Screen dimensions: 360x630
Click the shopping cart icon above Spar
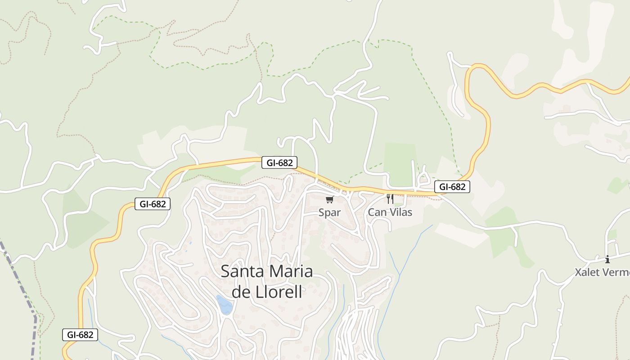(x=329, y=199)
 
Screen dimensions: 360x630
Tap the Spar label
(x=329, y=212)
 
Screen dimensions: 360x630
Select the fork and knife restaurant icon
(x=390, y=198)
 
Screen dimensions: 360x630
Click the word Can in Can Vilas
(x=377, y=212)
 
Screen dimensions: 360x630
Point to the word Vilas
(x=400, y=212)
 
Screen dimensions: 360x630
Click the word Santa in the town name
(x=243, y=271)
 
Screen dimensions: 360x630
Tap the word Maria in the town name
(x=291, y=271)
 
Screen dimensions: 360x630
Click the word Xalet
(x=588, y=272)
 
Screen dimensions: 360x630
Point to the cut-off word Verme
(x=616, y=272)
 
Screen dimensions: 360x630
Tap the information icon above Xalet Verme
(x=607, y=259)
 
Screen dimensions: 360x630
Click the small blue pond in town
(x=225, y=305)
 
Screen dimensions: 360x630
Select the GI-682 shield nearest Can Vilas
(x=452, y=187)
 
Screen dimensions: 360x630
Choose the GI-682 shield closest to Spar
(x=279, y=162)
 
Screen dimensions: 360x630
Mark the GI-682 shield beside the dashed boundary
(x=80, y=334)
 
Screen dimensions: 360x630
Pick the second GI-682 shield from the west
(x=153, y=204)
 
